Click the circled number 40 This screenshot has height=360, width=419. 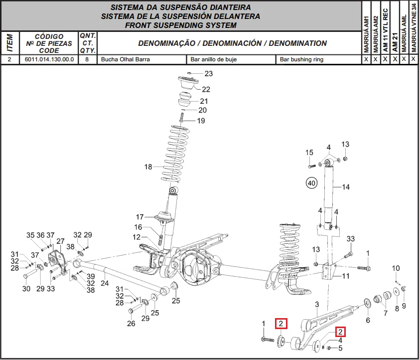click(x=311, y=183)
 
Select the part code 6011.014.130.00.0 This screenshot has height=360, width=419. click(x=49, y=59)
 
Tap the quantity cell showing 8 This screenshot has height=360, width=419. click(x=87, y=59)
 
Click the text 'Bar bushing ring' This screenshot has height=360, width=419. click(x=301, y=59)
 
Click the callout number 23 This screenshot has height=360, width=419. click(x=208, y=74)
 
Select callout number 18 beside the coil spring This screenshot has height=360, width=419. click(x=148, y=167)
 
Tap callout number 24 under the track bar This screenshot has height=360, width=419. click(x=105, y=283)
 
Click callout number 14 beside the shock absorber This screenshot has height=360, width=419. click(x=346, y=187)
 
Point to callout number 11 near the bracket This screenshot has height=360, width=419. click(x=346, y=276)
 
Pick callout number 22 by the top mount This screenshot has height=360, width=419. click(x=206, y=89)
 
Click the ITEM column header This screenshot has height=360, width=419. click(x=9, y=43)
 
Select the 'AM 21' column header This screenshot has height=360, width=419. click(x=395, y=42)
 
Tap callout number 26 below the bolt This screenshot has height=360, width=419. click(x=131, y=324)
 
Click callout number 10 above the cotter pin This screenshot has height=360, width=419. click(x=396, y=268)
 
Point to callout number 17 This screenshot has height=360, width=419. click(x=140, y=217)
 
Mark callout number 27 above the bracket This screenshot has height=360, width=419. click(x=60, y=241)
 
